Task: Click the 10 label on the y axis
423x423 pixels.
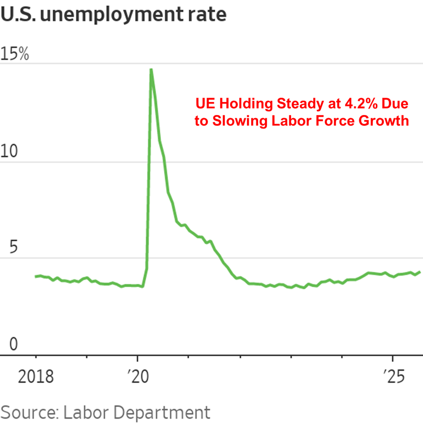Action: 10,152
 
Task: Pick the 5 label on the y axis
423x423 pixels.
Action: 15,248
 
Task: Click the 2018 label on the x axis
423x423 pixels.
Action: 36,377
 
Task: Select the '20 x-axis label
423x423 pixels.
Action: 138,377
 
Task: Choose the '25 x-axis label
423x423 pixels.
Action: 393,377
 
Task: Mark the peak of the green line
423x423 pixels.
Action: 151,69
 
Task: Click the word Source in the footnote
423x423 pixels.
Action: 27,411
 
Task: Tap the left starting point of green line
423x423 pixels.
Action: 36,276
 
